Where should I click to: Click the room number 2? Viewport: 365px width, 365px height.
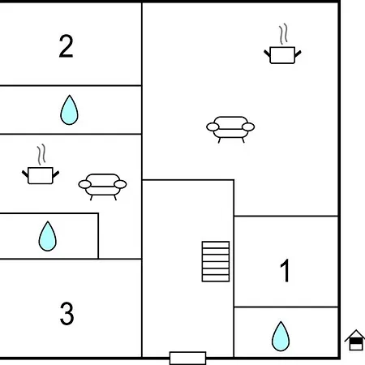click(66, 46)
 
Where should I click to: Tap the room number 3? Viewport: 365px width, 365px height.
click(67, 314)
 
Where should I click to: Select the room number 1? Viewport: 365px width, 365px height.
click(285, 271)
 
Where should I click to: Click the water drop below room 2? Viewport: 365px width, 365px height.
click(69, 109)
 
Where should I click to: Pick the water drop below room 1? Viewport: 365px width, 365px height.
click(281, 336)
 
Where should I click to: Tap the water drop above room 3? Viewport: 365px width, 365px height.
click(48, 236)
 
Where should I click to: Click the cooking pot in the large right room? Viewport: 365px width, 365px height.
click(282, 55)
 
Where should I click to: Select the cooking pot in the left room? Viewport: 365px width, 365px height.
click(41, 175)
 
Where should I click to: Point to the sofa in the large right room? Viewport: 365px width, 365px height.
click(230, 129)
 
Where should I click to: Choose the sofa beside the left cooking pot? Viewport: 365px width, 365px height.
click(102, 187)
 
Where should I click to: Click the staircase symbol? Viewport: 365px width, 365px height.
click(216, 261)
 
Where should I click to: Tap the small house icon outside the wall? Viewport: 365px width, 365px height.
click(355, 340)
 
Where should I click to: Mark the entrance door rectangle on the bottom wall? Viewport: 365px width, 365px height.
click(188, 359)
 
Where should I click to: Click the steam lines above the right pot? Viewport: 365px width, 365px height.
click(283, 34)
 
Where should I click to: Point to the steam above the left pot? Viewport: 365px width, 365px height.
click(41, 155)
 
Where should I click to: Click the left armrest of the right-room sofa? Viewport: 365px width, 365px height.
click(213, 127)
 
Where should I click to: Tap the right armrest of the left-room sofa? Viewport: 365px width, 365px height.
click(120, 184)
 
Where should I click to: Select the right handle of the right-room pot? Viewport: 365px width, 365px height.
click(298, 54)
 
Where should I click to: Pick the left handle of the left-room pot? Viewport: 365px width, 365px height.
click(25, 174)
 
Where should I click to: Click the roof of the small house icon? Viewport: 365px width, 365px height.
click(355, 335)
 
